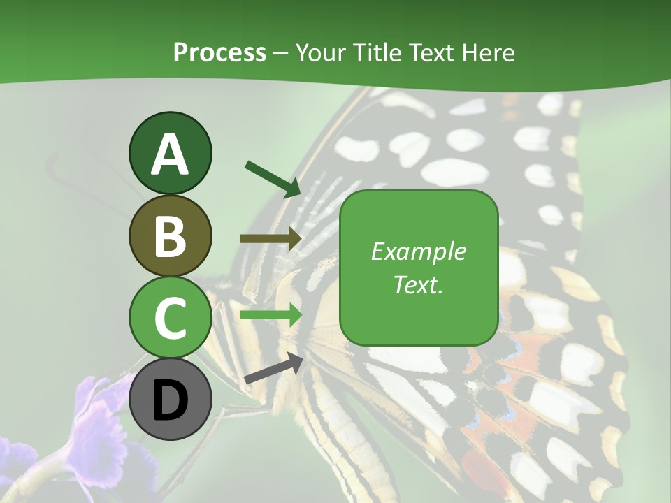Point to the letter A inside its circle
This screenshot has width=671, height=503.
pyautogui.click(x=170, y=154)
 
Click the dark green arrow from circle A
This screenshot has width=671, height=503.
pyautogui.click(x=273, y=178)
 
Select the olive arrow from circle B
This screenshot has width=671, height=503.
pyautogui.click(x=270, y=239)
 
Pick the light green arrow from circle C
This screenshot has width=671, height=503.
pyautogui.click(x=270, y=315)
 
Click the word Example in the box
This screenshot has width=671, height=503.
pyautogui.click(x=418, y=251)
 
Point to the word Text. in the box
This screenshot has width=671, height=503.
pyautogui.click(x=418, y=284)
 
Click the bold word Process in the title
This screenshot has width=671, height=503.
pyautogui.click(x=219, y=52)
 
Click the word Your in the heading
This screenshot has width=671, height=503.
pyautogui.click(x=320, y=52)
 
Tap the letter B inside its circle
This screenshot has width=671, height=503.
pyautogui.click(x=170, y=237)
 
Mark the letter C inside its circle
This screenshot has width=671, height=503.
pyautogui.click(x=170, y=318)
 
